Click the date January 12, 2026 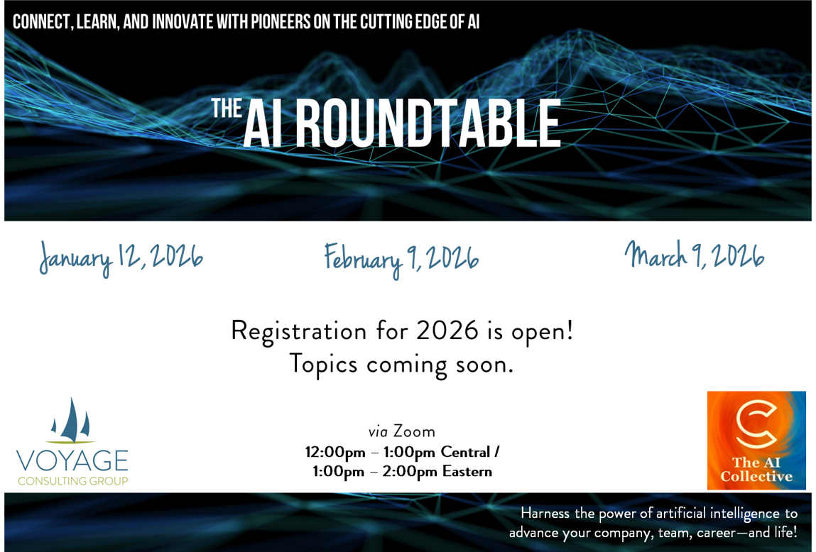click(x=121, y=258)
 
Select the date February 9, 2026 click(x=401, y=258)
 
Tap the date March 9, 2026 click(x=694, y=255)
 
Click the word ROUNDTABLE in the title click(x=428, y=124)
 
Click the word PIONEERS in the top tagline click(x=281, y=22)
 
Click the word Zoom click(x=414, y=431)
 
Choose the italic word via click(x=378, y=431)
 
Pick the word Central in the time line click(x=465, y=452)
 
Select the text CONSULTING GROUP click(x=72, y=481)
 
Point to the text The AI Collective click(x=756, y=469)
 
